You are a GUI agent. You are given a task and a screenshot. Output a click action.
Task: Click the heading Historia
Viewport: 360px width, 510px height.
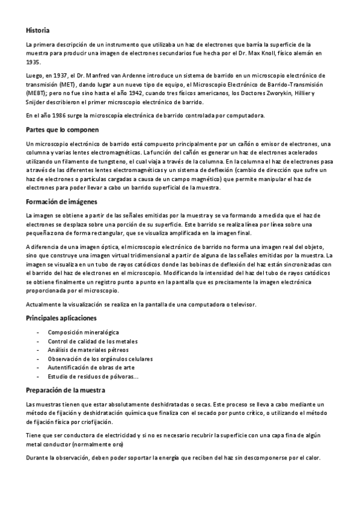[38, 30]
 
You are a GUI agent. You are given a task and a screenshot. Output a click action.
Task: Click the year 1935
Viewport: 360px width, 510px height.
[33, 62]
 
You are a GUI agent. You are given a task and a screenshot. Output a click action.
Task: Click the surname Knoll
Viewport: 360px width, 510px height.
[265, 54]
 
